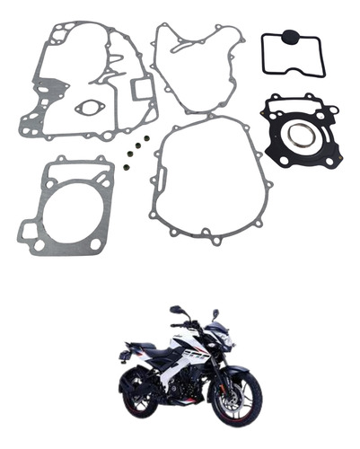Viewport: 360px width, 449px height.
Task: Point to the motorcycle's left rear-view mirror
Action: (x=176, y=310)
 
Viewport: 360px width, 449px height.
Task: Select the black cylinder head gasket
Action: (x=302, y=132)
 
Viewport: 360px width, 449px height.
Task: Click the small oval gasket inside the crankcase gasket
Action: (x=88, y=108)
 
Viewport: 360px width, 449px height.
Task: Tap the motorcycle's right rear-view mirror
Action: (x=215, y=313)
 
